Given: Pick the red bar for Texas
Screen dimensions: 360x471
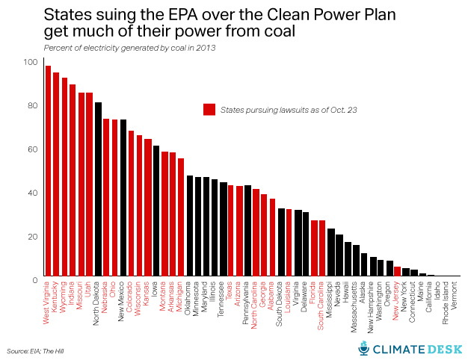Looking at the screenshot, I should pos(231,231).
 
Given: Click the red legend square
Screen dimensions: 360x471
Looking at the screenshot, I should pos(209,109).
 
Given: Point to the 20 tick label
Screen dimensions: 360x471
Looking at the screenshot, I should pos(31,236).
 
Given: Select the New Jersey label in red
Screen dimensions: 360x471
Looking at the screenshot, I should pos(397,301).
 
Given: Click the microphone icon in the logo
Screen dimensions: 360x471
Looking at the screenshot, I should pos(364,348).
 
